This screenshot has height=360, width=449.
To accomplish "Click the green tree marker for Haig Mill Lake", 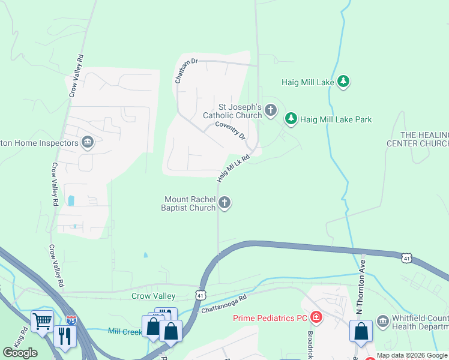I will (343, 81).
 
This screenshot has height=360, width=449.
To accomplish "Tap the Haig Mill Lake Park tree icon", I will (291, 119).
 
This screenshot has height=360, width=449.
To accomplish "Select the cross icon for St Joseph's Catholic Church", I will (271, 110).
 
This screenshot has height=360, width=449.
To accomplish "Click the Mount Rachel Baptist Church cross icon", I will (225, 203).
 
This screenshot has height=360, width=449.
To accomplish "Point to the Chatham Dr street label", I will (185, 70).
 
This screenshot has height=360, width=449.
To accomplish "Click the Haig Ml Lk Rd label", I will (232, 166).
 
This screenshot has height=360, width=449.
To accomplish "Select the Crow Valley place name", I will (153, 296).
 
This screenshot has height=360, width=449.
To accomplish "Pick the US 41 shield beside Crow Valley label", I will (200, 295).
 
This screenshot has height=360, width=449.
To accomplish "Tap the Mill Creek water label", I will (124, 331).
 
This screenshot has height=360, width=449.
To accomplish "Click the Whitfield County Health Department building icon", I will (382, 320).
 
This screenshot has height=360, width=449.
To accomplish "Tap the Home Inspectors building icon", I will (88, 142).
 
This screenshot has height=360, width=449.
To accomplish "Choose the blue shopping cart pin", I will (42, 322).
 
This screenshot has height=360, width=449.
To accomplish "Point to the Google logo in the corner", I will (20, 352).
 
